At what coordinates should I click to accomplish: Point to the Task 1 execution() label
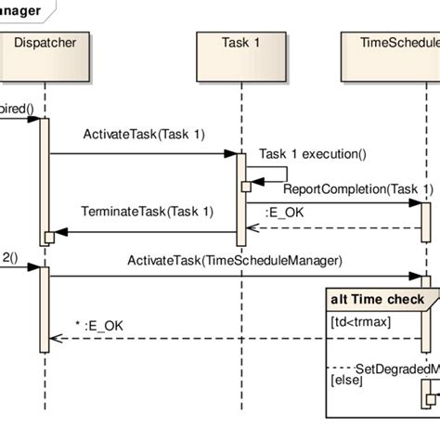pos(313,154)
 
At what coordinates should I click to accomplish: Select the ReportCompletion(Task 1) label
pos(357,189)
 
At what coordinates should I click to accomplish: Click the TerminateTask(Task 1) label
pos(147,211)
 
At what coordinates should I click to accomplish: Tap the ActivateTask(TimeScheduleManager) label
pos(235,261)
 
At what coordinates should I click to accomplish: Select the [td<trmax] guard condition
pos(359,321)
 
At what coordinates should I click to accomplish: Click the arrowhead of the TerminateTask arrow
pos(59,232)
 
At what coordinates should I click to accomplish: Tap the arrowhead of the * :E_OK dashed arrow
pos(55,339)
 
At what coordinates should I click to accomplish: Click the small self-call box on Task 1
pos(247,187)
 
